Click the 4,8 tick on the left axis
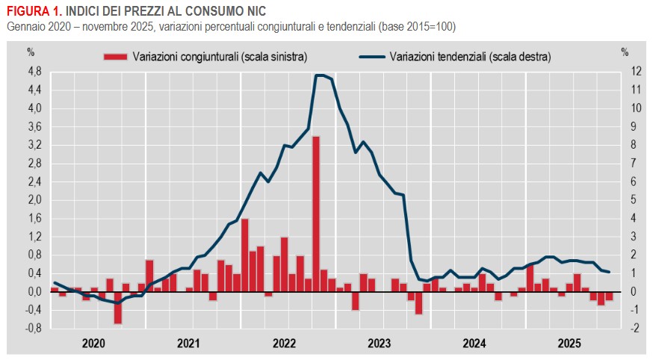point(34,72)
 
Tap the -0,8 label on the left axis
point(34,328)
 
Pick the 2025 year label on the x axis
point(570,344)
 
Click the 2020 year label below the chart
point(94,344)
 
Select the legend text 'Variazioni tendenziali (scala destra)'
point(470,56)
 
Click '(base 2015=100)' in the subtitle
point(419,27)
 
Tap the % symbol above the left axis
point(31,52)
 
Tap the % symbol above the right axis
point(625,52)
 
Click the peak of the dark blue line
point(320,75)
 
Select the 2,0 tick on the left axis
point(34,199)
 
